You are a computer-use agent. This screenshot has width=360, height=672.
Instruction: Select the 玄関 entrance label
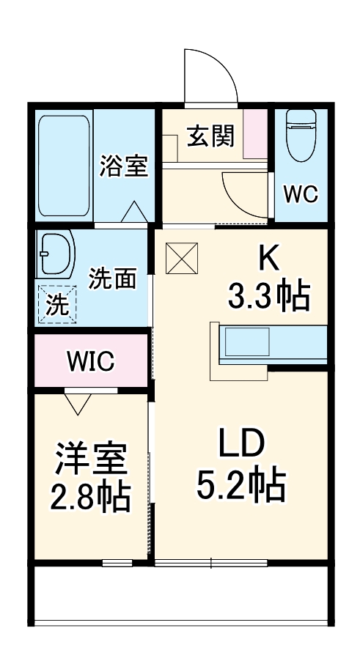[210, 136]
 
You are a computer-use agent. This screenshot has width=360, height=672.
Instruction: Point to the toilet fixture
[301, 136]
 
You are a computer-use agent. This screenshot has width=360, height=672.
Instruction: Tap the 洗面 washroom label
[112, 278]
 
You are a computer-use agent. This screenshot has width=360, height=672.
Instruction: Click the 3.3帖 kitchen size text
[268, 297]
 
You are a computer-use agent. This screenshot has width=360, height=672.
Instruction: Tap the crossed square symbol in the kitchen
[179, 256]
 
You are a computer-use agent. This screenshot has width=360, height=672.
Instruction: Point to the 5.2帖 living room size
[240, 485]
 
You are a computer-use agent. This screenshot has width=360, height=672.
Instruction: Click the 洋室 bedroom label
[91, 459]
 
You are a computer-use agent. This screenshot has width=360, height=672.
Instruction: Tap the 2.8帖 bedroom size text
[91, 498]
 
